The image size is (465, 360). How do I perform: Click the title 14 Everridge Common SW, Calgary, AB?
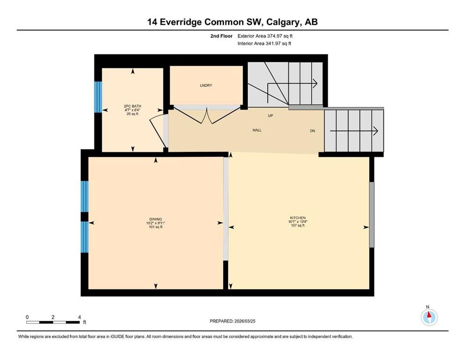click(232, 22)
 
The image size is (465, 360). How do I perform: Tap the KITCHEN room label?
click(297, 218)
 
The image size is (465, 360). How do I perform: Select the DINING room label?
click(155, 219)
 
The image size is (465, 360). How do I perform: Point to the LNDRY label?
click(206, 85)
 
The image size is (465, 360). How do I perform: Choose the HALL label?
click(257, 130)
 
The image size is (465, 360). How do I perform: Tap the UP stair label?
click(270, 115)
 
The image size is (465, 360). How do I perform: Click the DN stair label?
click(312, 131)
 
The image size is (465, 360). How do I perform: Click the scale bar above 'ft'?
click(53, 322)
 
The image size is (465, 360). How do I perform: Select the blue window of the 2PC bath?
click(98, 97)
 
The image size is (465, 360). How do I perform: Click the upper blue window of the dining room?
click(84, 196)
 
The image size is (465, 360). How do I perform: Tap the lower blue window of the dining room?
click(84, 237)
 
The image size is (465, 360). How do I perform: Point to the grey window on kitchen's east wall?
click(372, 214)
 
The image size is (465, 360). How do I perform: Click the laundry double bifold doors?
click(206, 116)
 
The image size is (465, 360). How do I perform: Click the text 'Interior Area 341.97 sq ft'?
click(265, 44)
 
